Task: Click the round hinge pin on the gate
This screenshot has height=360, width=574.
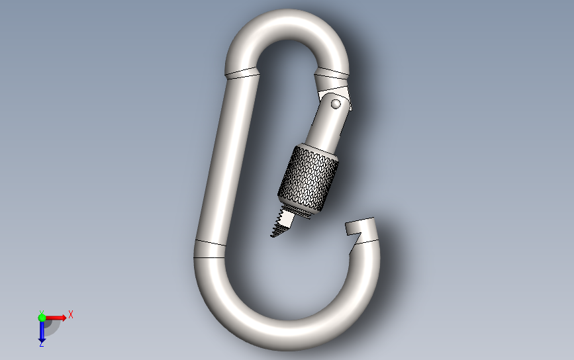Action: click(336, 105)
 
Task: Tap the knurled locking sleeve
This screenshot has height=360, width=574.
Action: click(309, 178)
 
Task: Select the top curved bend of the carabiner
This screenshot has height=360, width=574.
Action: click(287, 26)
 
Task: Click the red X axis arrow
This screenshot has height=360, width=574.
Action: click(56, 318)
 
